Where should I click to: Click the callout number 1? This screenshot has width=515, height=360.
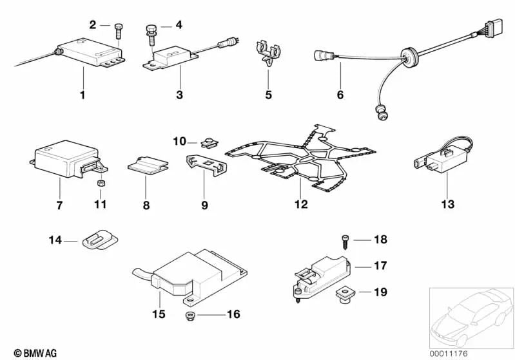83,95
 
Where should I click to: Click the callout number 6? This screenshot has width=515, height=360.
340,95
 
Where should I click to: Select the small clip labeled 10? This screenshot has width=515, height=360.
207,141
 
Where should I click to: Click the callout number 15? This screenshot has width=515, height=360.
159,314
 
